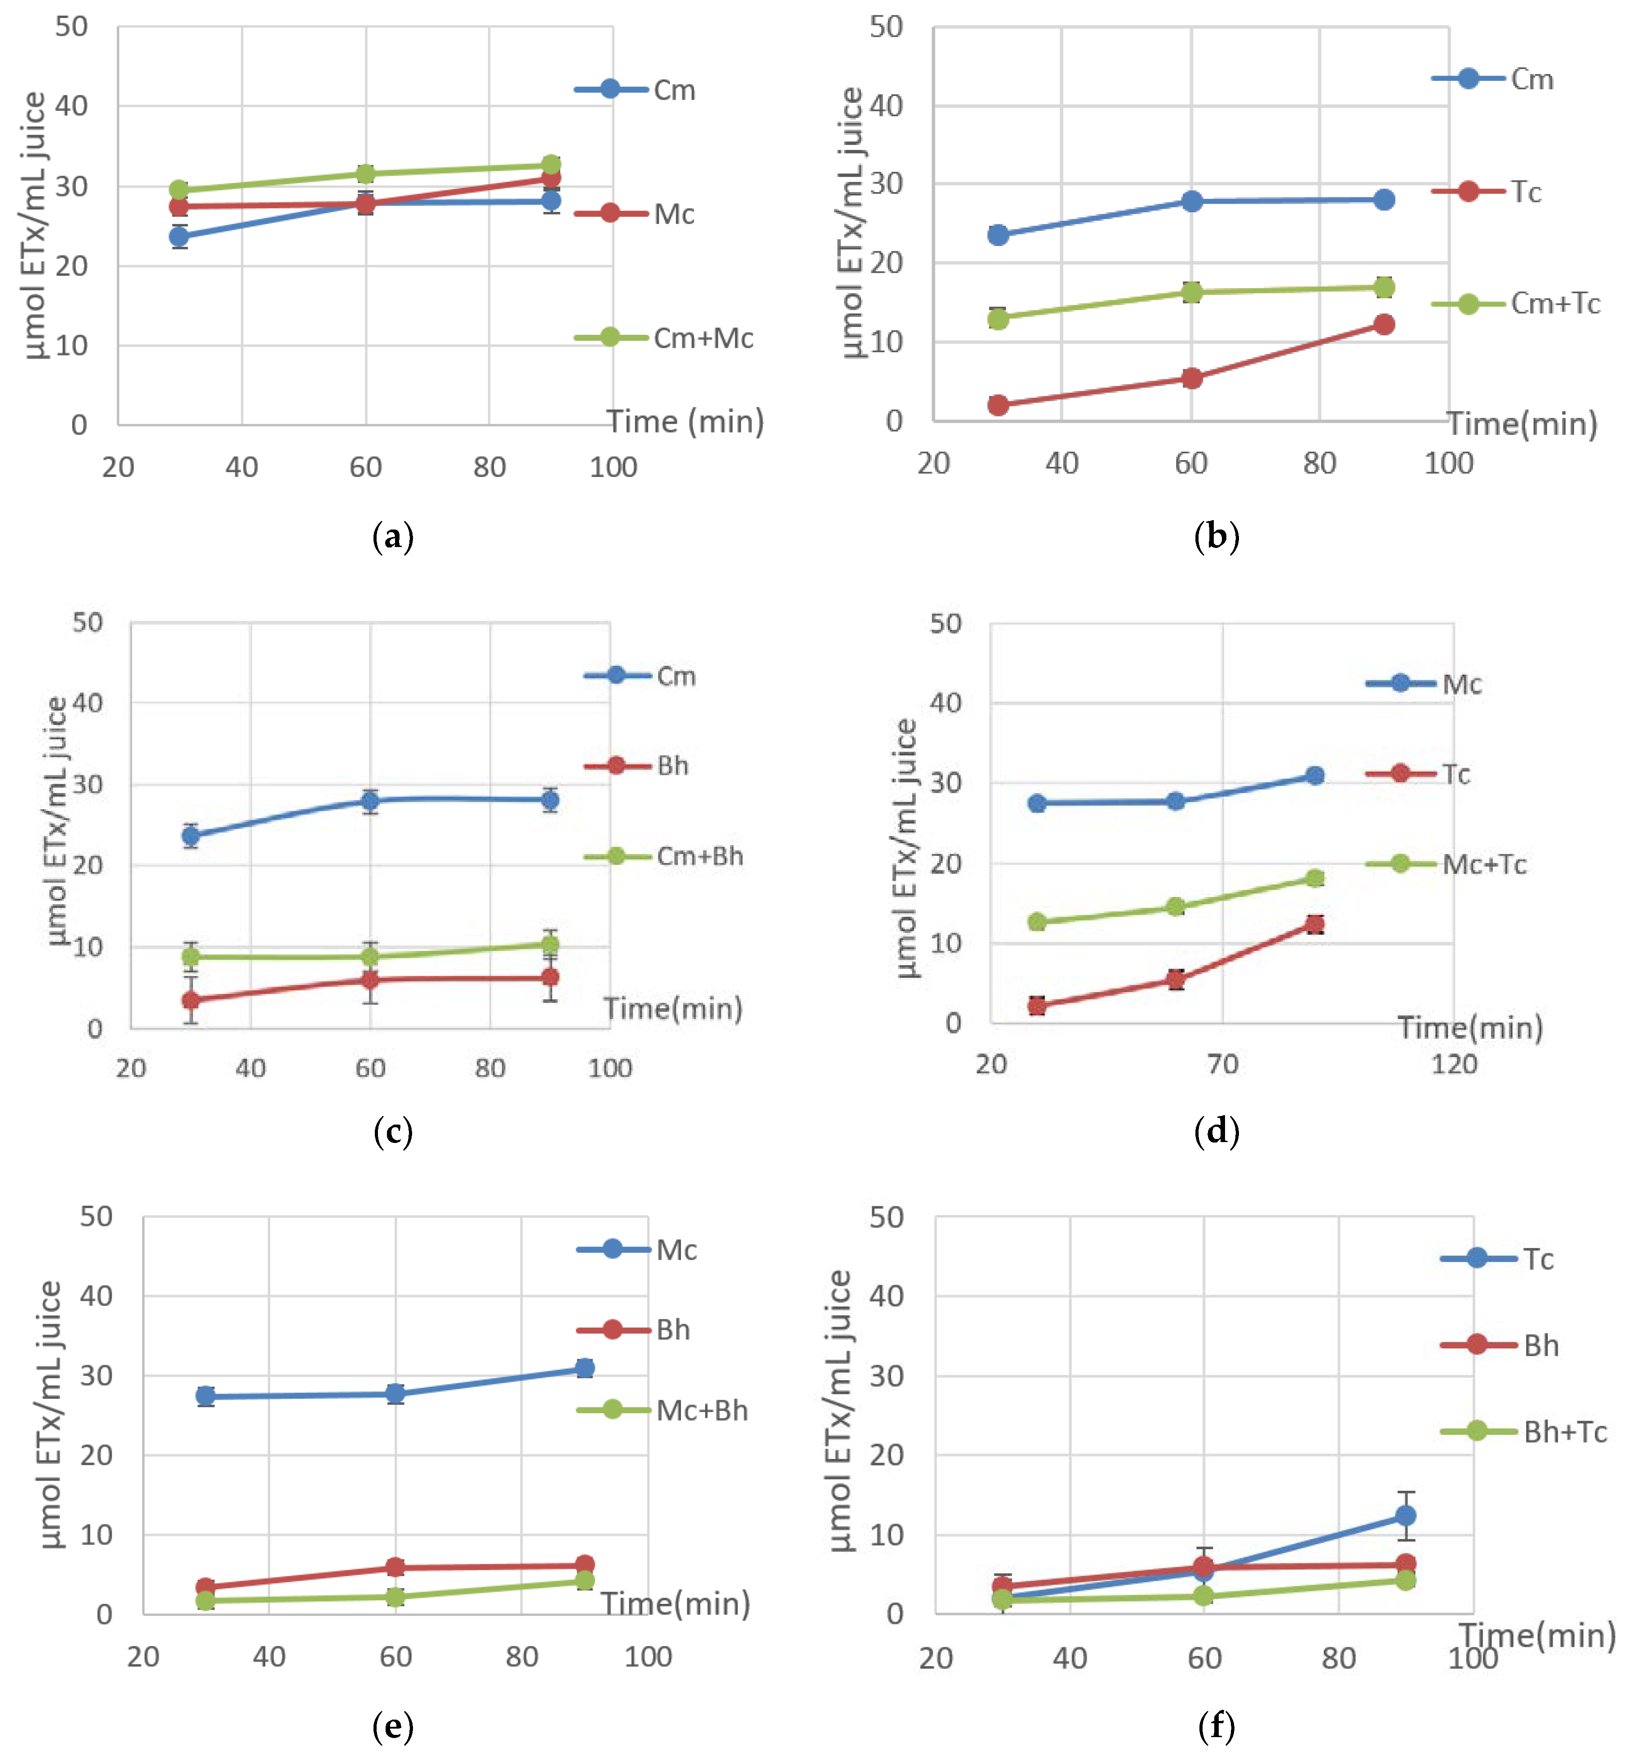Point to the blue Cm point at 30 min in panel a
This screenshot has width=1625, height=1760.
pos(180,236)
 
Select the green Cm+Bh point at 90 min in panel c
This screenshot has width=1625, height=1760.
pos(549,945)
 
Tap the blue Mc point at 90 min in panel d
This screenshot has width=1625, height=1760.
pos(1315,775)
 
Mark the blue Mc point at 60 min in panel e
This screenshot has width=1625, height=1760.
pos(395,1393)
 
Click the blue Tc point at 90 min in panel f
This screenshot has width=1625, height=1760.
pos(1406,1515)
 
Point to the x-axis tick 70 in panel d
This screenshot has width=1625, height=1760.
pos(1222,1064)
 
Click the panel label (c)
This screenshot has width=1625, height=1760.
pos(393,1130)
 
